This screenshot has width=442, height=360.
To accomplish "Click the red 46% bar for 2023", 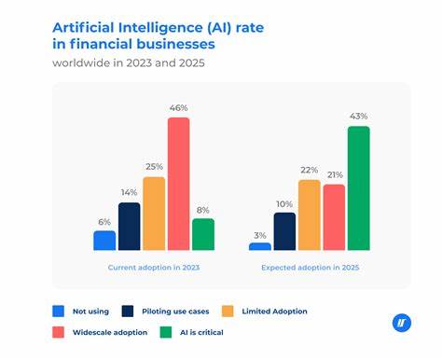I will tap(178, 184).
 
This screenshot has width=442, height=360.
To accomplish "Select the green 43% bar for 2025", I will tap(358, 188).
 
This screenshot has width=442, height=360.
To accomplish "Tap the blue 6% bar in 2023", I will tap(104, 241).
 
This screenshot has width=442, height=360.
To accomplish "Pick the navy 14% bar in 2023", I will tap(130, 227).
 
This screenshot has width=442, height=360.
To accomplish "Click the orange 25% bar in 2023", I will tap(154, 214).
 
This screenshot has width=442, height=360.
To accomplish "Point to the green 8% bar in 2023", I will tap(203, 234).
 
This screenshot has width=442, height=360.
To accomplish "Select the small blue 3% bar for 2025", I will tap(260, 246).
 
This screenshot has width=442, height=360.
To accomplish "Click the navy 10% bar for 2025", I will tap(284, 231).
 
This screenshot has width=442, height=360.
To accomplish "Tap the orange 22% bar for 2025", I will tap(310, 215).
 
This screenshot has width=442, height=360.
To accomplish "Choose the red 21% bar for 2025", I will tap(334, 217).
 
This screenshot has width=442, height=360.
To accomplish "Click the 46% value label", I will tap(178, 109).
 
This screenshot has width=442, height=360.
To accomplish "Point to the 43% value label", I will tap(358, 118).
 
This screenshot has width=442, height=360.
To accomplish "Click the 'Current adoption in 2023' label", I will tap(153, 267).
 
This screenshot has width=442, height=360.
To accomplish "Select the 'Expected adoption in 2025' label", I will tap(310, 267).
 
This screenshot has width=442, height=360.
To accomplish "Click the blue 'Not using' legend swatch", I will tap(59, 310).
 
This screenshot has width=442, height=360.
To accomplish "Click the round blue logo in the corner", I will tap(402, 323).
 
